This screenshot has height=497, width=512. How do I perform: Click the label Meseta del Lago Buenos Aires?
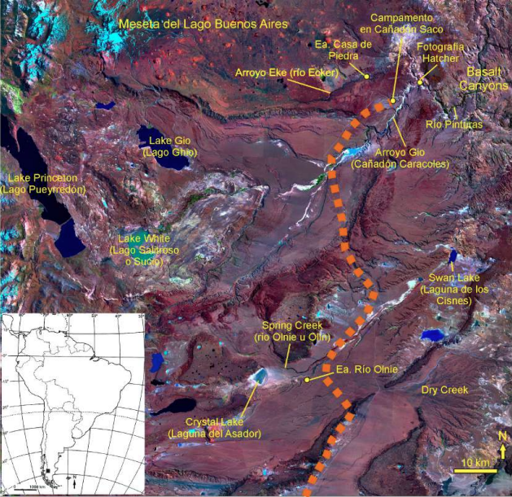tap(203, 24)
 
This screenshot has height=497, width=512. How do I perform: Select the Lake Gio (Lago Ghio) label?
tap(168, 147)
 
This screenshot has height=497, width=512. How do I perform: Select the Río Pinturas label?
tap(454, 124)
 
